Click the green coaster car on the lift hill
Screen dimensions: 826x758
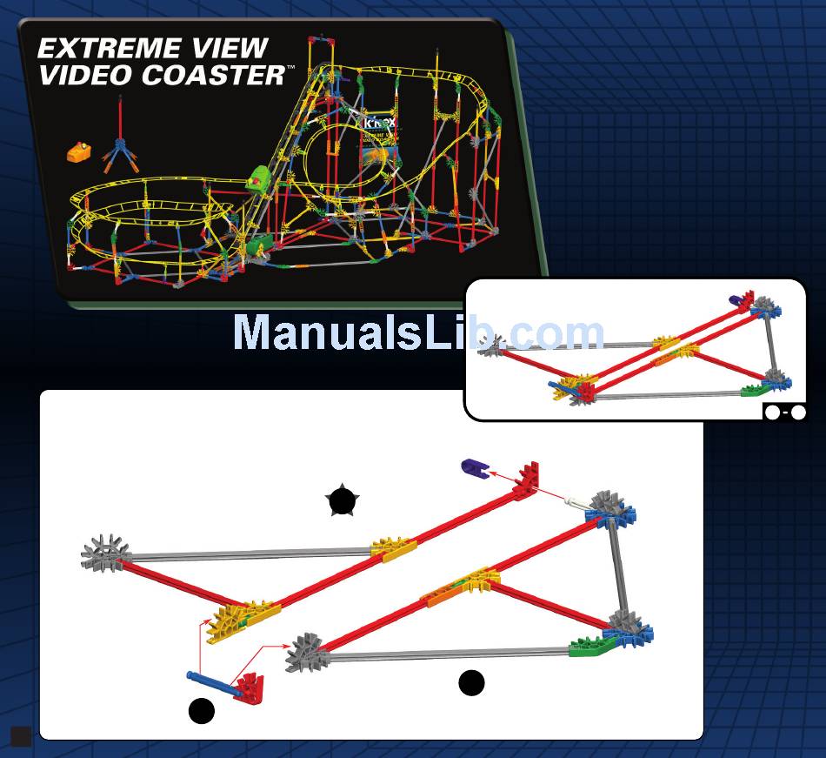(257, 180)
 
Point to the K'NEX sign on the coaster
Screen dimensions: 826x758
(380, 123)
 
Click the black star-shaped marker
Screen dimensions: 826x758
(342, 500)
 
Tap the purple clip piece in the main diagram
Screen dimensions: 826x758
(475, 468)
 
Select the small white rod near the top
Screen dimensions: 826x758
(576, 501)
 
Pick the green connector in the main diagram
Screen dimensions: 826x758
(590, 646)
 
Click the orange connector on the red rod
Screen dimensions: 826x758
(445, 594)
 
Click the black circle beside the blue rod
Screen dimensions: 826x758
(202, 711)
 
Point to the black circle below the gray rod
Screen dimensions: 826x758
(471, 684)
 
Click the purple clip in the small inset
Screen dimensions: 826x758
(739, 299)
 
